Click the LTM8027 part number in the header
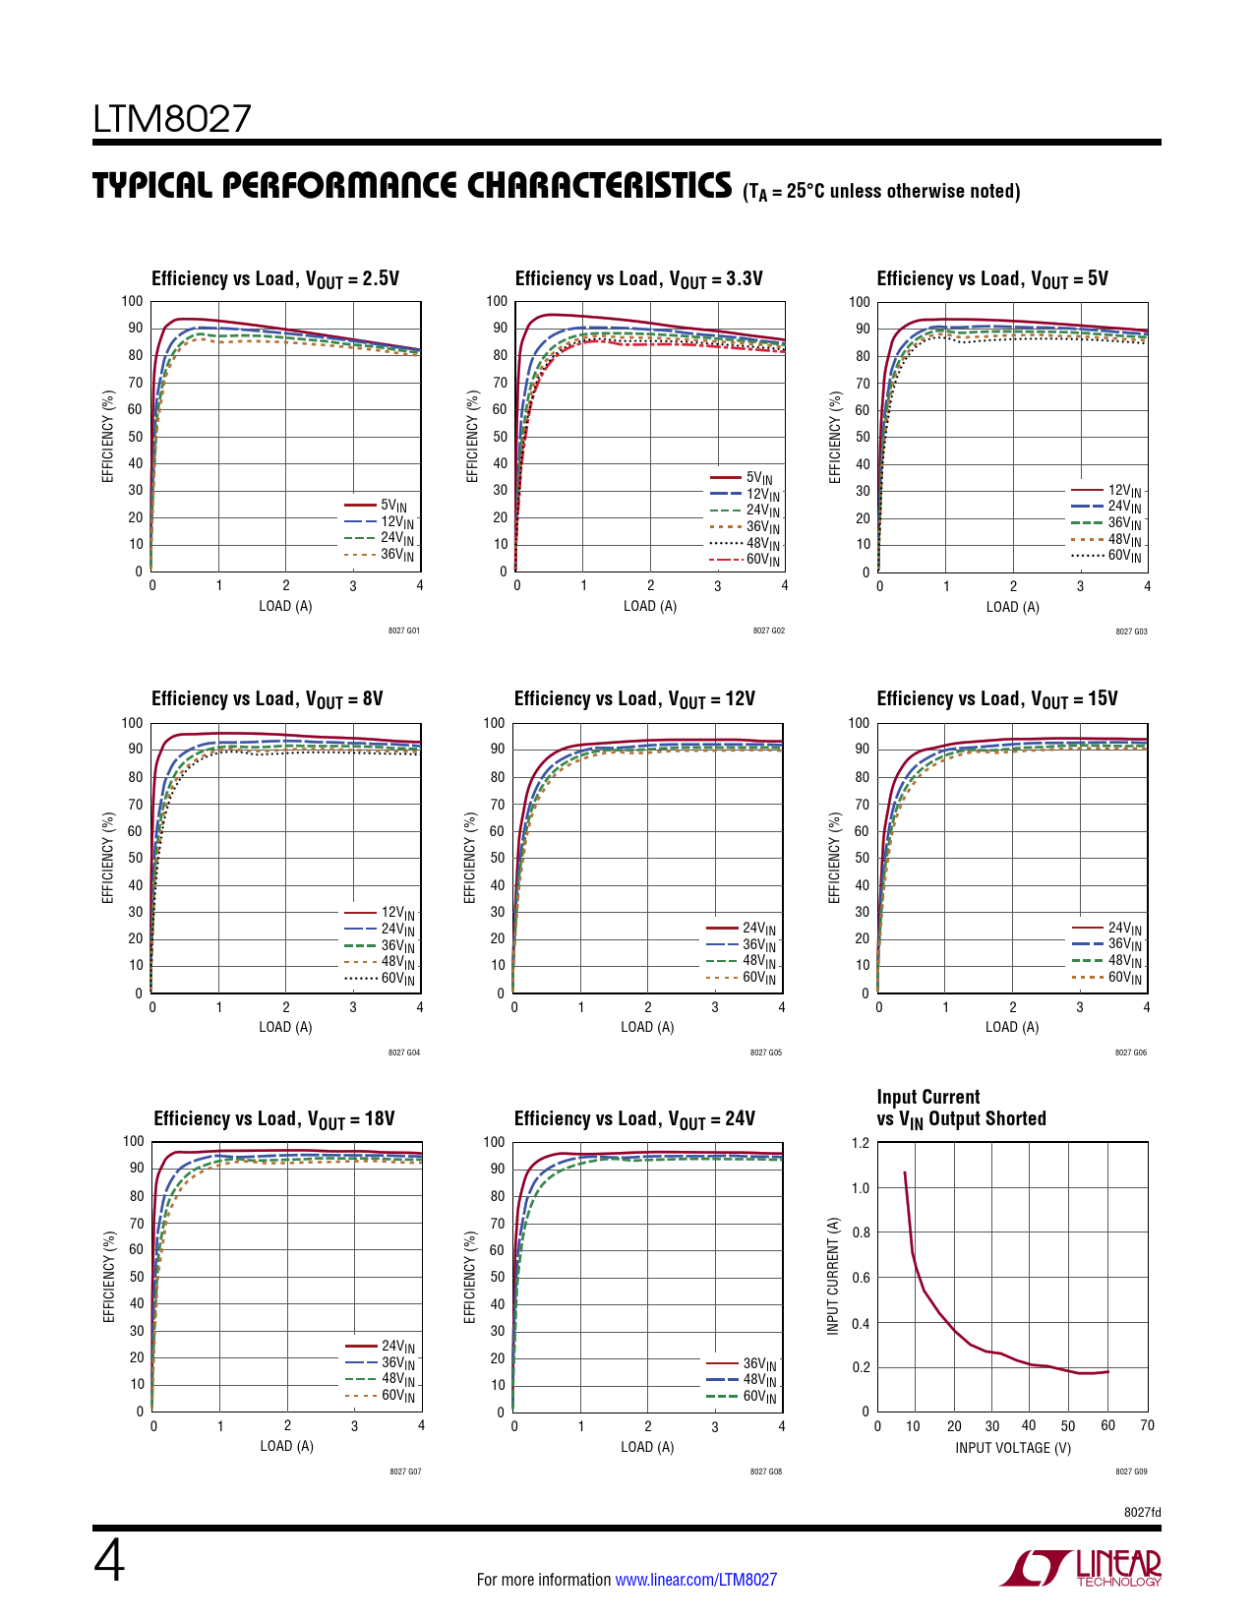click(172, 119)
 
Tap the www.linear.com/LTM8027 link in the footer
click(695, 1580)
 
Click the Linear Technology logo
click(1081, 1568)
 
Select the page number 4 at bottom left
click(109, 1562)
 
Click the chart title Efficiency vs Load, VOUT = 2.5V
click(275, 279)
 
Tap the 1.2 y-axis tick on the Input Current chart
click(860, 1143)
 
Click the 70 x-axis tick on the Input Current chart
click(1147, 1425)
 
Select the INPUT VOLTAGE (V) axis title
click(1013, 1448)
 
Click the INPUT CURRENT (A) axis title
click(833, 1276)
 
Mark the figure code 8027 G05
click(766, 1052)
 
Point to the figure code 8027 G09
click(1131, 1472)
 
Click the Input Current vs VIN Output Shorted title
click(961, 1108)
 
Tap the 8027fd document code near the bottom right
click(1142, 1512)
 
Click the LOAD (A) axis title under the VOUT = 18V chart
click(287, 1446)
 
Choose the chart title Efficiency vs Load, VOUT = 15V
click(997, 699)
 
